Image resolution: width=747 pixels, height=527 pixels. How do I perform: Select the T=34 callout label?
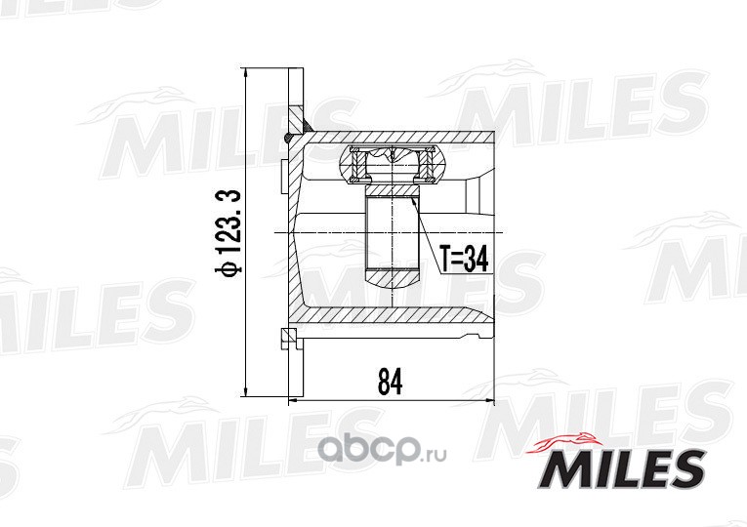coord(464,260)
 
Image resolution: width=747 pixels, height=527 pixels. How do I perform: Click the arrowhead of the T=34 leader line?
coord(413,200)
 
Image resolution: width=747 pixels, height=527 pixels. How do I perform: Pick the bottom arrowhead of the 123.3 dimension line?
coord(246,390)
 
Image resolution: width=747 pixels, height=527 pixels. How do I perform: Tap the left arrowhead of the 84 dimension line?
coord(294,401)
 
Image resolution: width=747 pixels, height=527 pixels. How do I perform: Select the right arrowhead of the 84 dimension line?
coord(489,401)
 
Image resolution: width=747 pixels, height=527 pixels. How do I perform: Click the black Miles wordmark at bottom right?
coord(622,468)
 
